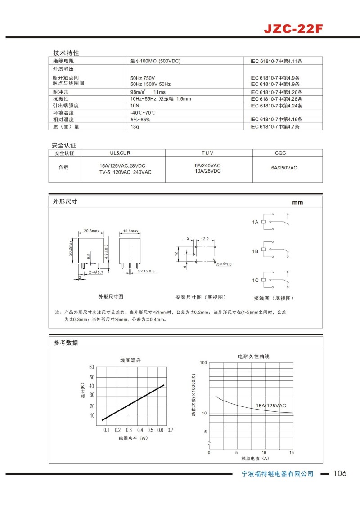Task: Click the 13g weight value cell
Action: pyautogui.click(x=135, y=127)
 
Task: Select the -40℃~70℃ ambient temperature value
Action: pyautogui.click(x=143, y=112)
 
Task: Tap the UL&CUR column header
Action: pyautogui.click(x=120, y=153)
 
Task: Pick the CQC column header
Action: pyautogui.click(x=280, y=153)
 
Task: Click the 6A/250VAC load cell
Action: pyautogui.click(x=284, y=168)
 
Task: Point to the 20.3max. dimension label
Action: pyautogui.click(x=91, y=231)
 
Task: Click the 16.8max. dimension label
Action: pyautogui.click(x=130, y=231)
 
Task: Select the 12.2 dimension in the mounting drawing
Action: pyautogui.click(x=204, y=239)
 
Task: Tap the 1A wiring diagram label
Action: pyautogui.click(x=255, y=222)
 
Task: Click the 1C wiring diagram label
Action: pyautogui.click(x=255, y=280)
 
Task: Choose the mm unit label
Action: pyautogui.click(x=297, y=202)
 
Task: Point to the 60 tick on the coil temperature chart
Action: pyautogui.click(x=92, y=367)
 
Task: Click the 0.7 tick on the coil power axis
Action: pyautogui.click(x=171, y=430)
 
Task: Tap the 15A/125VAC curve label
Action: pyautogui.click(x=271, y=406)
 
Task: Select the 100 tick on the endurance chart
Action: pyautogui.click(x=202, y=362)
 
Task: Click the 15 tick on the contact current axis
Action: pyautogui.click(x=292, y=452)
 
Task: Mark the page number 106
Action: pyautogui.click(x=340, y=473)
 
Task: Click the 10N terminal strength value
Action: pyautogui.click(x=135, y=106)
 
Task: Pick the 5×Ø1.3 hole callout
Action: pyautogui.click(x=224, y=264)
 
